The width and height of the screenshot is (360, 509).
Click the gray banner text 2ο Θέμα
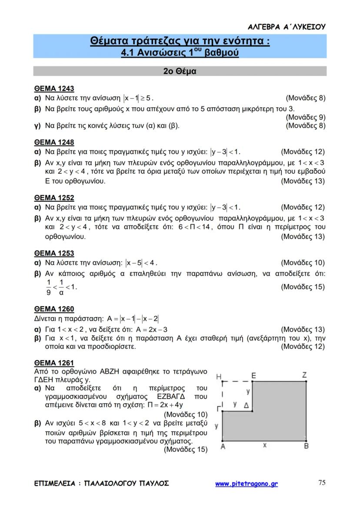(x=180, y=71)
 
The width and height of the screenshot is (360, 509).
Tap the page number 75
(x=322, y=482)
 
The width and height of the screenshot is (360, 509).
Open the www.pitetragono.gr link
(x=247, y=484)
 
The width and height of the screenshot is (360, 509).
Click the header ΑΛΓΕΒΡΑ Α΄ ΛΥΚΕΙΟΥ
(x=287, y=27)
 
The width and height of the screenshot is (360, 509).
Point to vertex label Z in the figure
(x=304, y=375)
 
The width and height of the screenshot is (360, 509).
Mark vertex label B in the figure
(x=306, y=446)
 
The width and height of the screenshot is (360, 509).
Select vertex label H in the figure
(x=219, y=376)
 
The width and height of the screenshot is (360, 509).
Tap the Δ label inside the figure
(x=246, y=405)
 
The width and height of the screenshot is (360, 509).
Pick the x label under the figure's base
(x=264, y=445)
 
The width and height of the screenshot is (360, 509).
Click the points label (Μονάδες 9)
(x=306, y=117)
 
